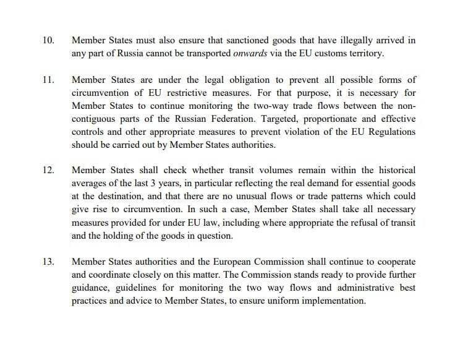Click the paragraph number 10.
[x=48, y=40]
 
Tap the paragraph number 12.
[x=48, y=169]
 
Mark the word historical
[x=393, y=169]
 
